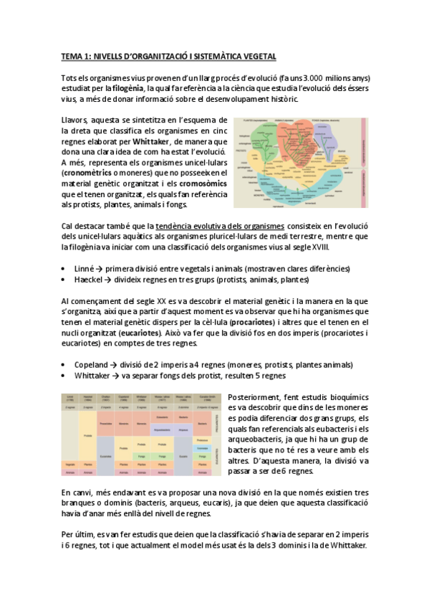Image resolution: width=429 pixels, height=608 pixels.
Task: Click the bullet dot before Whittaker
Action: click(x=65, y=375)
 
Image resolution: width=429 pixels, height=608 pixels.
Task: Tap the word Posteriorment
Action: click(x=253, y=396)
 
